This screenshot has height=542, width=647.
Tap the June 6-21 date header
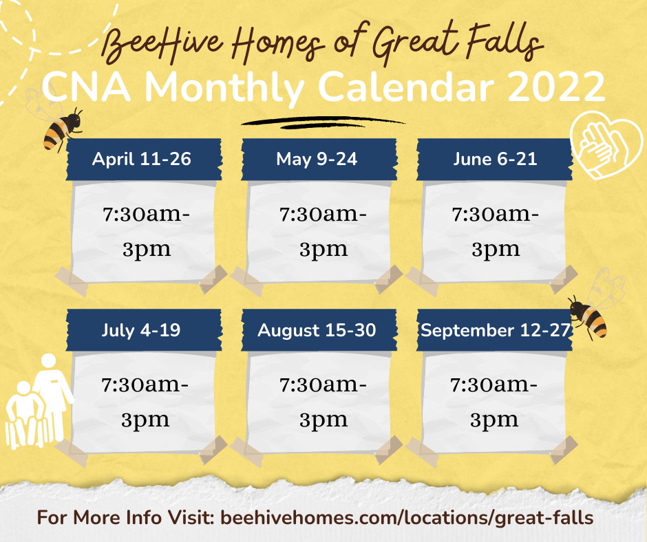point(494,159)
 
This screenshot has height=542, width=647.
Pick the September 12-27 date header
point(494,330)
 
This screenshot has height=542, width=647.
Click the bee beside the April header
point(62,128)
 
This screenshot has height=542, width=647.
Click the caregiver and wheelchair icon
point(39,402)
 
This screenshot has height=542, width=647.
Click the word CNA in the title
point(87,87)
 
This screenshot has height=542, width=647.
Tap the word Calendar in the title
point(407,87)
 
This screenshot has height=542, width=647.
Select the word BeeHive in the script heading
point(162,45)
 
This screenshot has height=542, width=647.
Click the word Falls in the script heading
point(505,41)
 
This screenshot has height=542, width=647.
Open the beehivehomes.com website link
point(407,518)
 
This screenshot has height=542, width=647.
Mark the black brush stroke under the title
point(322,122)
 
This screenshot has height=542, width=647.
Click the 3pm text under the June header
point(496,250)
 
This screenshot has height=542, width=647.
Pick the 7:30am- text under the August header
point(323,385)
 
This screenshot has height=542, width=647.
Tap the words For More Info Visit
point(125,517)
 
